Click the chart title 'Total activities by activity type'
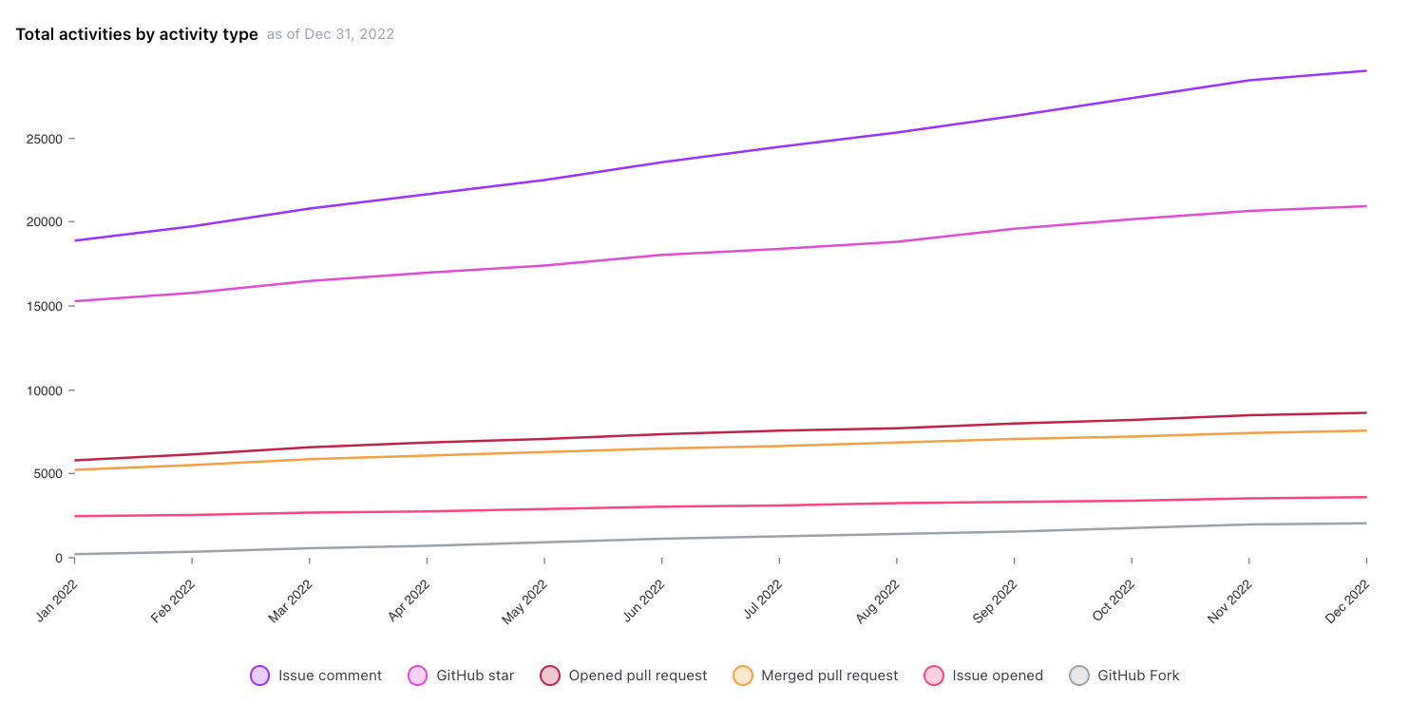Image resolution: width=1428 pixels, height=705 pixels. pyautogui.click(x=137, y=34)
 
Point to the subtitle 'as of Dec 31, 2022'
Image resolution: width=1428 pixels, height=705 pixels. pyautogui.click(x=330, y=34)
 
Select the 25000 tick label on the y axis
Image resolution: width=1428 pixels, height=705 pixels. pyautogui.click(x=43, y=139)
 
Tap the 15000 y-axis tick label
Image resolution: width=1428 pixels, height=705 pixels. pyautogui.click(x=43, y=307)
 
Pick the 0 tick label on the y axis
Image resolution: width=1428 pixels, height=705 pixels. pyautogui.click(x=58, y=558)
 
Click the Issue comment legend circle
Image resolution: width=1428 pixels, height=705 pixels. pyautogui.click(x=259, y=676)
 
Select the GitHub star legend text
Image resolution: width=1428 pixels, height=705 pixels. pyautogui.click(x=475, y=676)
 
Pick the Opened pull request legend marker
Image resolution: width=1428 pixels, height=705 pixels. pyautogui.click(x=550, y=676)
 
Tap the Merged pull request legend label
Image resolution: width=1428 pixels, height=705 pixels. pyautogui.click(x=829, y=676)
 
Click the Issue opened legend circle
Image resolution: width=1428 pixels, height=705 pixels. pyautogui.click(x=934, y=676)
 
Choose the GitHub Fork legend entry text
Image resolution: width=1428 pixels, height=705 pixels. pyautogui.click(x=1138, y=676)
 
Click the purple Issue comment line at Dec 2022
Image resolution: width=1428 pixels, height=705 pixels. pyautogui.click(x=1366, y=70)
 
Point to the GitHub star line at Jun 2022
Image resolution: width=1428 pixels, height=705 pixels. pyautogui.click(x=661, y=255)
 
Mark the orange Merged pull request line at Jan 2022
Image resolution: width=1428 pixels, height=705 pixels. pyautogui.click(x=74, y=469)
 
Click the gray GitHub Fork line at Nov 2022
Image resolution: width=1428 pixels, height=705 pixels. pyautogui.click(x=1248, y=524)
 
